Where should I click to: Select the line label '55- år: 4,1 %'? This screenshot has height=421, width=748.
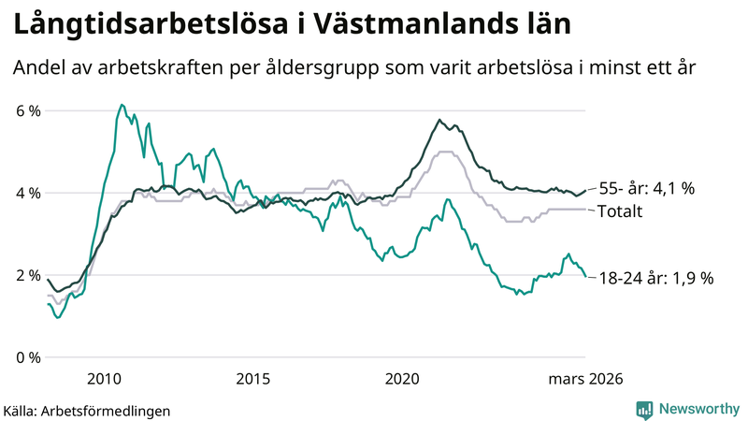(646, 188)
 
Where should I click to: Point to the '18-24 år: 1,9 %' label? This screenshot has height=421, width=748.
(655, 278)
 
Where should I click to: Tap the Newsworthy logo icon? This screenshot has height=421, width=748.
(644, 408)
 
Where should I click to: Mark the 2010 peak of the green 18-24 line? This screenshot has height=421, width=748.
(122, 105)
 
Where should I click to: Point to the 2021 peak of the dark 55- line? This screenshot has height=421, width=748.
(439, 120)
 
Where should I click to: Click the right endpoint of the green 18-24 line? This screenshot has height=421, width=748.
(585, 277)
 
